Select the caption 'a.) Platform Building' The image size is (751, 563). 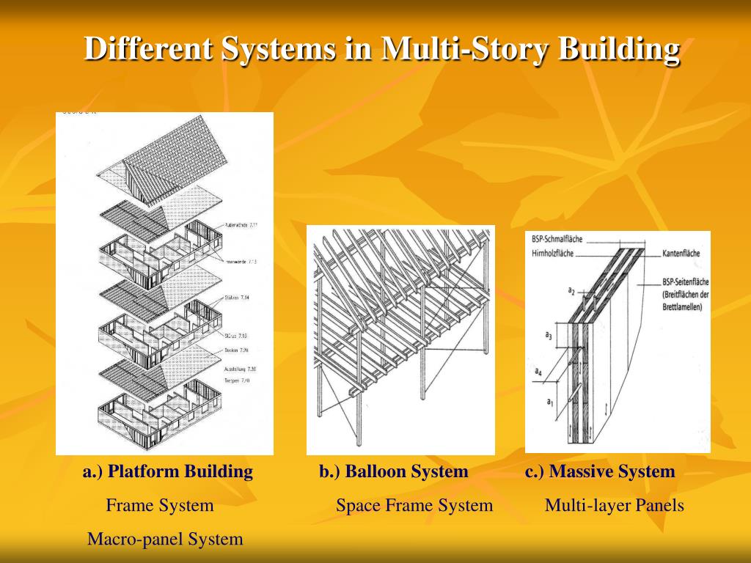pyautogui.click(x=168, y=471)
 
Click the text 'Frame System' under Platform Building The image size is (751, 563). pyautogui.click(x=160, y=505)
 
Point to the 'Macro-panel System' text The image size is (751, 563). pyautogui.click(x=165, y=540)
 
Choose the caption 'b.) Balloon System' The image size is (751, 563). pyautogui.click(x=393, y=471)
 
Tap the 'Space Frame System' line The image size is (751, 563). pyautogui.click(x=414, y=505)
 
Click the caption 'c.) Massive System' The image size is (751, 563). pyautogui.click(x=600, y=471)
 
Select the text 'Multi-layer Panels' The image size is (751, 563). pyautogui.click(x=615, y=505)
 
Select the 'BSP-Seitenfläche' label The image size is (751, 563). pyautogui.click(x=682, y=281)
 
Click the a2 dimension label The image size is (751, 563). pyautogui.click(x=571, y=290)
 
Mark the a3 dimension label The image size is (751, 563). pyautogui.click(x=548, y=335)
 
